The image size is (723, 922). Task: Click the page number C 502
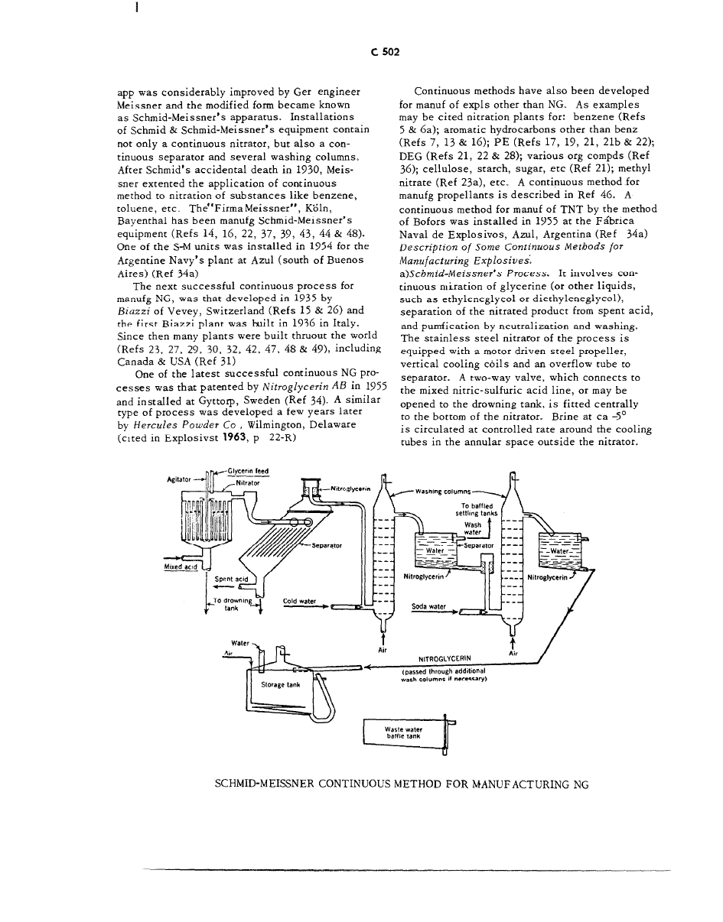(389, 53)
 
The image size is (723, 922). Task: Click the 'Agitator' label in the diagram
(177, 480)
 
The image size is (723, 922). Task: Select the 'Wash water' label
(474, 528)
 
